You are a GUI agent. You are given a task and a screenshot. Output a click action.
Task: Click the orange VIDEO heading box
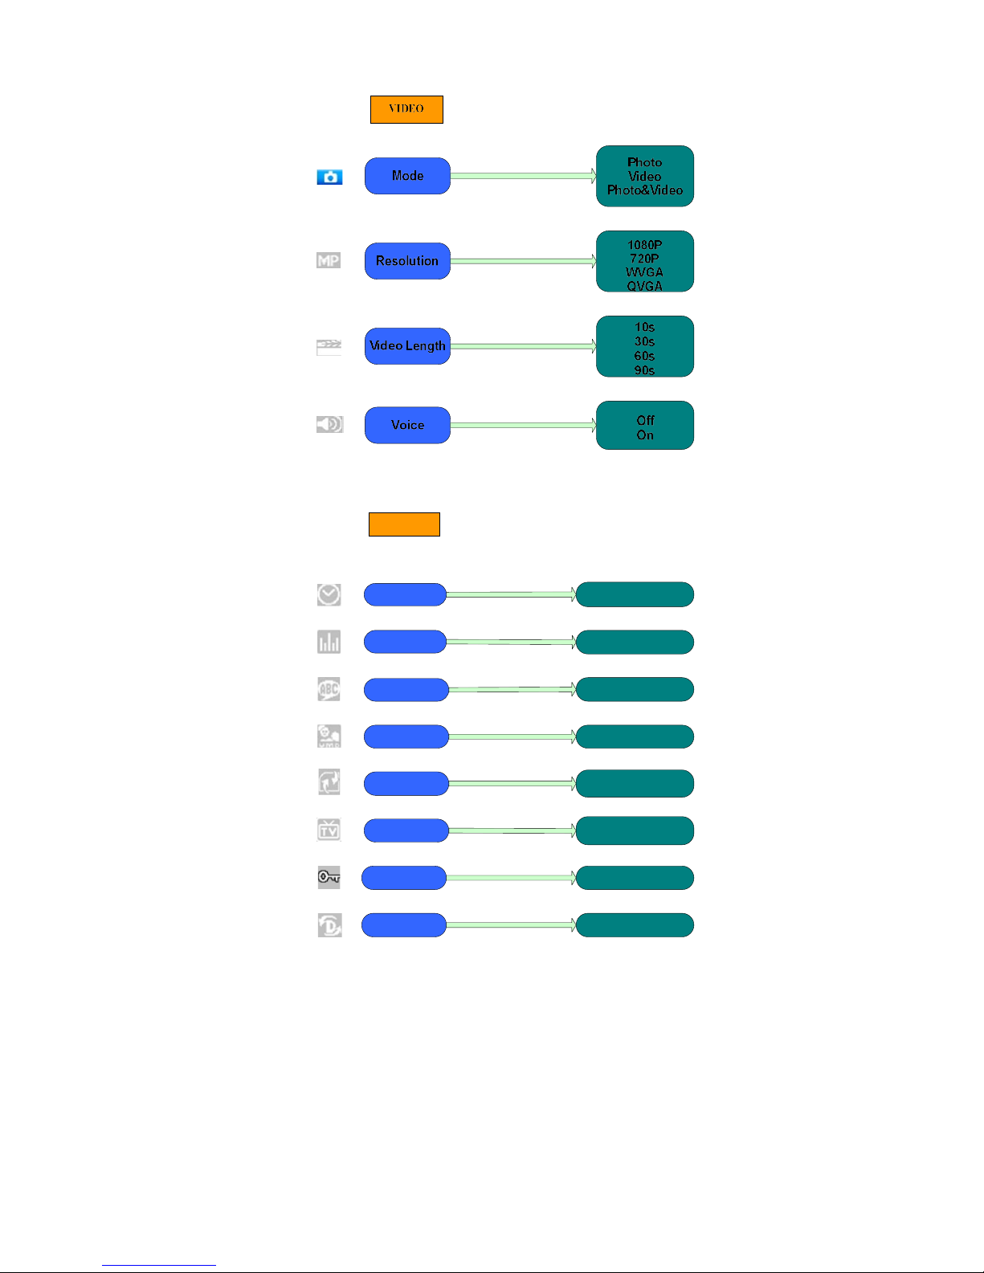406,109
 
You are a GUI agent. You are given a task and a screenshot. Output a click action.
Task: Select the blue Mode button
407,176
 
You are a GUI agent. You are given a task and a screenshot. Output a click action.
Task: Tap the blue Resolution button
407,261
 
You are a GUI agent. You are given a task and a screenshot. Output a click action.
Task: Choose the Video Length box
407,346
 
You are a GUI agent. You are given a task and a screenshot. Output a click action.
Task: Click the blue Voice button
407,426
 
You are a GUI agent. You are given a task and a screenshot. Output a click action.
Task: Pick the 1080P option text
644,245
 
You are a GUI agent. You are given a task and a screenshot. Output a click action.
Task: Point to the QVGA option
644,286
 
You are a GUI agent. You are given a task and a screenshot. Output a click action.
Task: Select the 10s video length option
644,328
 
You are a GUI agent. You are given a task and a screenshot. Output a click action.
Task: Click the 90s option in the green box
644,370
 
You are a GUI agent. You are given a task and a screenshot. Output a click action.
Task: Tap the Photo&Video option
644,190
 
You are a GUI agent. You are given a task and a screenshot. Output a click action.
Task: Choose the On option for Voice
644,435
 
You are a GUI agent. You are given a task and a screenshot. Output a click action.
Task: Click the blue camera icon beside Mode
329,177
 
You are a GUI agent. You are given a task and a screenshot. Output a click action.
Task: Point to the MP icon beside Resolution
329,260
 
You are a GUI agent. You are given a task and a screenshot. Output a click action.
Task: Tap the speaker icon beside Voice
329,424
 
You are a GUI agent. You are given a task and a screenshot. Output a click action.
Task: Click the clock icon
329,594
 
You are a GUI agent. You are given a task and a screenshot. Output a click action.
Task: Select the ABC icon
329,689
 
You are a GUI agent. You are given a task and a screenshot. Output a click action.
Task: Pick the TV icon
329,830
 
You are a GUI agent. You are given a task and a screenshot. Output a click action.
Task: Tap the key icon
329,877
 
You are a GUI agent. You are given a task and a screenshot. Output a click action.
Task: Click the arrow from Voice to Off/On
522,426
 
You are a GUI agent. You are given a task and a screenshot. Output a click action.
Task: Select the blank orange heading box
404,524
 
